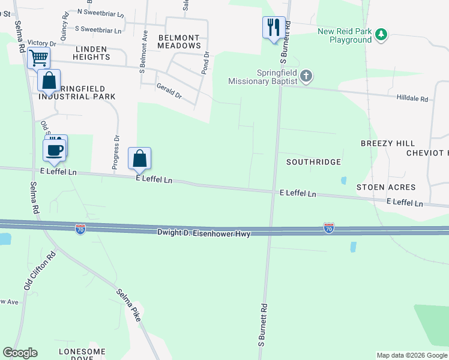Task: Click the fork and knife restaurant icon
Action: [x=273, y=27]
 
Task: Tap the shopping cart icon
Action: [x=38, y=58]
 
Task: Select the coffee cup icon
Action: [x=55, y=149]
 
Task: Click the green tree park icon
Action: [x=381, y=35]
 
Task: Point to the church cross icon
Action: [x=306, y=76]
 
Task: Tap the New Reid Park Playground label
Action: [x=345, y=35]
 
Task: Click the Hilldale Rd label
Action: [x=412, y=98]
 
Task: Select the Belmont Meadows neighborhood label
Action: [x=179, y=41]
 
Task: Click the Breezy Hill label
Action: [x=388, y=143]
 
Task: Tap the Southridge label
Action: [x=313, y=162]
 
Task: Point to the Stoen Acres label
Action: [x=379, y=187]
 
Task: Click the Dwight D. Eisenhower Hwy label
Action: [x=203, y=232]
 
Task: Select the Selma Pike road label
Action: [x=128, y=304]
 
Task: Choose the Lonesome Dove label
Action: [x=82, y=355]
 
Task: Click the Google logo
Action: [x=20, y=353]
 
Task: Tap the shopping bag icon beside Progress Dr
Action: [x=139, y=159]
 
